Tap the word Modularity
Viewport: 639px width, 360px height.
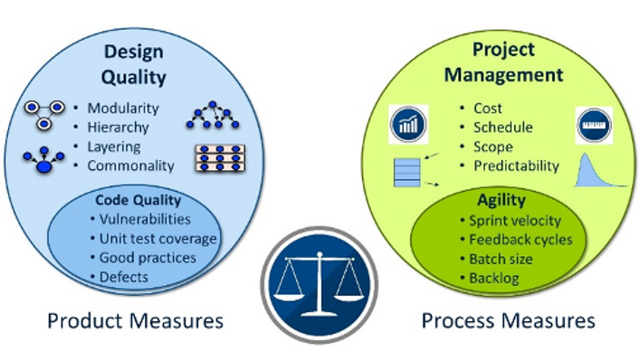[122, 109]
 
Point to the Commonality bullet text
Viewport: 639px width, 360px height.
[130, 166]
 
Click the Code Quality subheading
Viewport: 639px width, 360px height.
[138, 200]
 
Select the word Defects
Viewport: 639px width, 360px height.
[124, 277]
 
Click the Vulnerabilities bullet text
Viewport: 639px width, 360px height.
[145, 219]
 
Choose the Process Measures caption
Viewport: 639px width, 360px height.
[508, 321]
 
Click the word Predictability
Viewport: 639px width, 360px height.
[517, 166]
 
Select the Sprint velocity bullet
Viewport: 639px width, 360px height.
[515, 221]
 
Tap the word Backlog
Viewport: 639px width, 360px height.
[494, 278]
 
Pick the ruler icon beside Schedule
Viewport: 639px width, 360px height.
[594, 124]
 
